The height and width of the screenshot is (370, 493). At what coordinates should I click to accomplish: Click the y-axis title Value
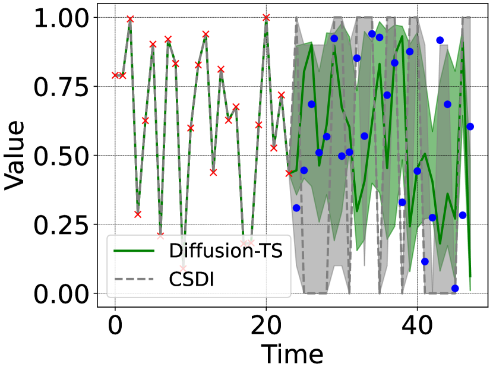pyautogui.click(x=16, y=156)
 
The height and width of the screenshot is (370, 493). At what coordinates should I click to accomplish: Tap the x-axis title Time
pyautogui.click(x=292, y=354)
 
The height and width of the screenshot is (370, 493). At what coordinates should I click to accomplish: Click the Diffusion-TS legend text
pyautogui.click(x=225, y=251)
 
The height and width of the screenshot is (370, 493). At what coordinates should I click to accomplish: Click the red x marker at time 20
pyautogui.click(x=266, y=18)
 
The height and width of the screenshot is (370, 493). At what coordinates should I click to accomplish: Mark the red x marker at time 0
pyautogui.click(x=115, y=75)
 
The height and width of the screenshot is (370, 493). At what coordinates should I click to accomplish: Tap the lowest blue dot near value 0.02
pyautogui.click(x=455, y=288)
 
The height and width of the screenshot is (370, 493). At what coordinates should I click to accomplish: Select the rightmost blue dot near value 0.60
pyautogui.click(x=470, y=127)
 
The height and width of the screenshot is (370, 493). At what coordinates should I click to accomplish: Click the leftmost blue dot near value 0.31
pyautogui.click(x=296, y=208)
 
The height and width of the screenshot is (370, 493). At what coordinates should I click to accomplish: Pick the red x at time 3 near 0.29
pyautogui.click(x=138, y=214)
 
